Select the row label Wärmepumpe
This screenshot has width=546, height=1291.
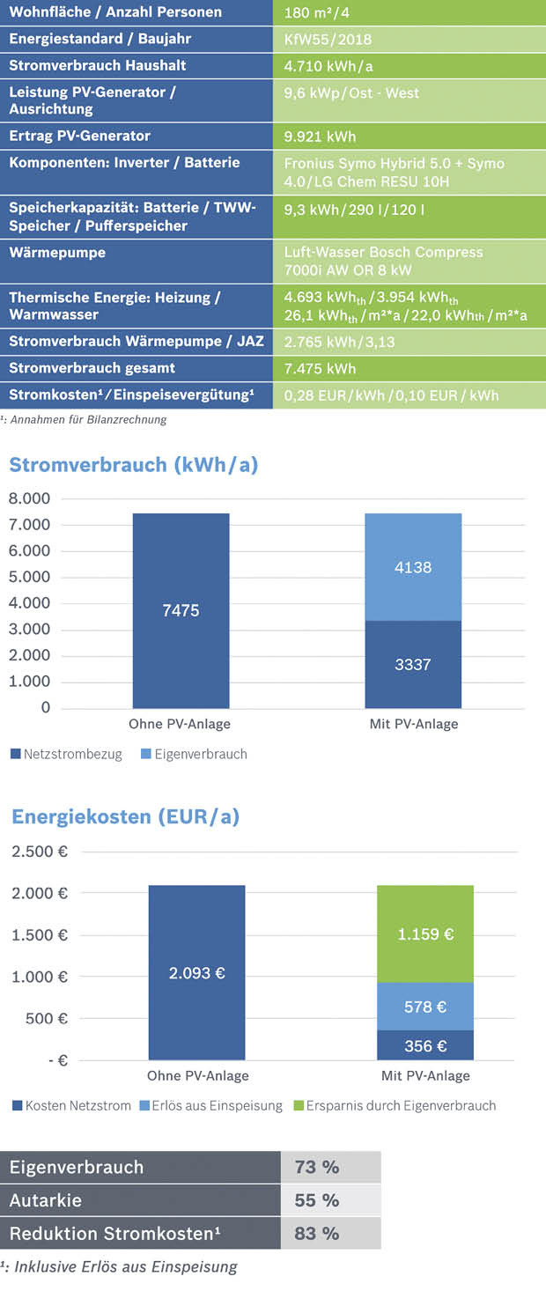(x=57, y=253)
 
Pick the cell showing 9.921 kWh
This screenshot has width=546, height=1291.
(x=320, y=136)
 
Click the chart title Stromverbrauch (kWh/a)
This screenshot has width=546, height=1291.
(x=133, y=464)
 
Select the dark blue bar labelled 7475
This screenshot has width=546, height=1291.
(x=181, y=610)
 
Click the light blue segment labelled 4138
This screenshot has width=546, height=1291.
(x=413, y=567)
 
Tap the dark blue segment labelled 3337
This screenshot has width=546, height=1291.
(x=413, y=664)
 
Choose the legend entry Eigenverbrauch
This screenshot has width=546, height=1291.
(x=200, y=754)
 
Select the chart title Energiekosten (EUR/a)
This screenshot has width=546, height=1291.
(x=125, y=816)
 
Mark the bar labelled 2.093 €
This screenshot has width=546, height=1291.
(x=196, y=972)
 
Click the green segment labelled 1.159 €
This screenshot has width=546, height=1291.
(x=425, y=933)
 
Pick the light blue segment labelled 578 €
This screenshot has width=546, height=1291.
(x=425, y=1007)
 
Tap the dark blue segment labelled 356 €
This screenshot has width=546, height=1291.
(x=425, y=1045)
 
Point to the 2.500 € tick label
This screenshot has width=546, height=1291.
(x=39, y=852)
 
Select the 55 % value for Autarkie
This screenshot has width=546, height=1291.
(x=317, y=1200)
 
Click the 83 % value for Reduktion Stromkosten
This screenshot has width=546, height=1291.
(x=317, y=1233)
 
